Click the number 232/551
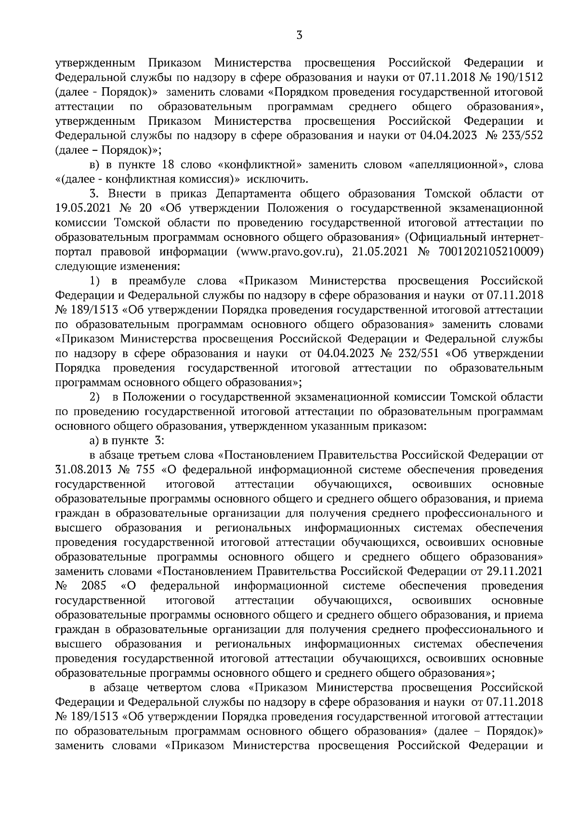point(413,353)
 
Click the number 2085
point(92,586)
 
